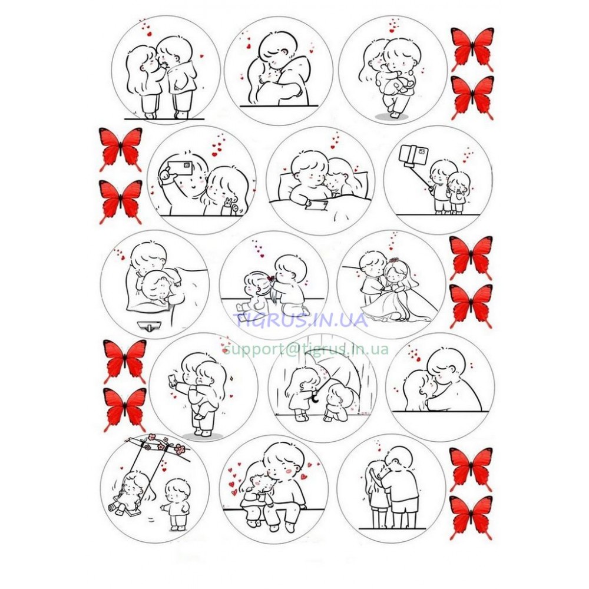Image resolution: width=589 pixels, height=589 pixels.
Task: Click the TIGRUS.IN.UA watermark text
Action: pyautogui.click(x=300, y=320)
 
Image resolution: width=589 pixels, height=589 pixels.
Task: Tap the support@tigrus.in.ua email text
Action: pyautogui.click(x=306, y=349)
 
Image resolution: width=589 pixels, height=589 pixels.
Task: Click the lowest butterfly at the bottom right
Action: pyautogui.click(x=471, y=518)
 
